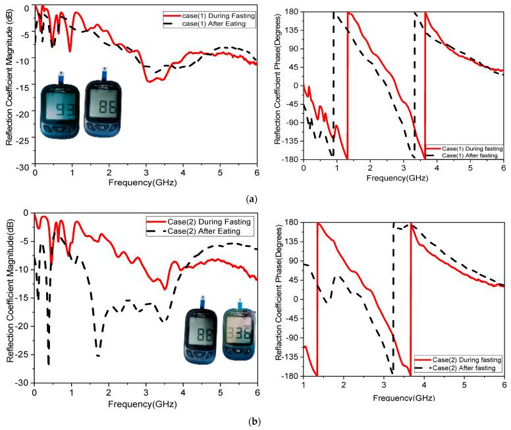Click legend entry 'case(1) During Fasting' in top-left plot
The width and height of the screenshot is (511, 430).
coord(209,14)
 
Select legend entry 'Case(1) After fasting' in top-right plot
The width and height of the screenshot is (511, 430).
coord(464,156)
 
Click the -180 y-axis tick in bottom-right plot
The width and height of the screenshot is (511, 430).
coord(289,376)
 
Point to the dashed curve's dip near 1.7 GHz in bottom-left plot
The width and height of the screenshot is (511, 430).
coord(98,356)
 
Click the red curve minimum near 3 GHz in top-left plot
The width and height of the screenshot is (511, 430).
coord(149,81)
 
